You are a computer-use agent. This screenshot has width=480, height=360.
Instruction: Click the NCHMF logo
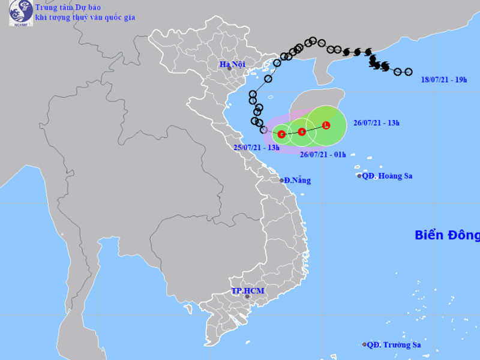coord(20,13)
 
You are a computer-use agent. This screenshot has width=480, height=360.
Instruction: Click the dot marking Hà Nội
coord(229,69)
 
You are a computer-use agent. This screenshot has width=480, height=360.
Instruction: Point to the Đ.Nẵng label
coord(297,180)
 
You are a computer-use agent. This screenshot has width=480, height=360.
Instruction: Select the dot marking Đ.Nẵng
coord(281,180)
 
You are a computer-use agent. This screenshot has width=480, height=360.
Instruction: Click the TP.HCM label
coord(248,291)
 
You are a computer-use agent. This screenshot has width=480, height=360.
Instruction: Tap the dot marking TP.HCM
coord(247,296)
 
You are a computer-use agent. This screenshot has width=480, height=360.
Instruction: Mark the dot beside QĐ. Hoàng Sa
coord(360,176)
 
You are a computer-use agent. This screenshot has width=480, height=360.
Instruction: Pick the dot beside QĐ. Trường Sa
coord(365,344)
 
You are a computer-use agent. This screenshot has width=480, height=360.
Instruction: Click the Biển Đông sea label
coord(447,235)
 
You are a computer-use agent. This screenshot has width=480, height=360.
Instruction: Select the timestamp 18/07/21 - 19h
coord(444,79)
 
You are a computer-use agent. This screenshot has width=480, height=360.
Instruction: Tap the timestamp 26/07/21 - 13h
coord(376,123)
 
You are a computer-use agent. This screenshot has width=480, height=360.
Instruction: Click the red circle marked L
coord(326,125)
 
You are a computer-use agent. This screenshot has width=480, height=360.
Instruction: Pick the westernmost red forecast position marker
coord(281,134)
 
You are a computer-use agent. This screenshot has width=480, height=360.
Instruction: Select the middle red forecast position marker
coord(302,131)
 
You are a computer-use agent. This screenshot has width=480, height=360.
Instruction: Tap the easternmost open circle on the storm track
coord(409,72)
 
